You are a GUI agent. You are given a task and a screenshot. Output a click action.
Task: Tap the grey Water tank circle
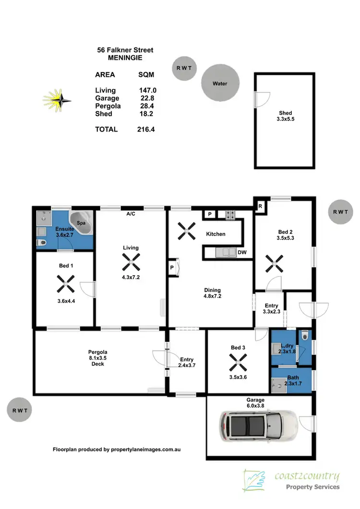point(220,83)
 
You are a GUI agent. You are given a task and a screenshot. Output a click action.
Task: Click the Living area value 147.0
point(147,90)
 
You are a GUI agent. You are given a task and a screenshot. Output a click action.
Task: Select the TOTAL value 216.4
point(146,129)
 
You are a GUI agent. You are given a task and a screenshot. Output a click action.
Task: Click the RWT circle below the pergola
point(20,411)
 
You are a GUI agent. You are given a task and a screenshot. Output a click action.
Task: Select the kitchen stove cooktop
point(230,215)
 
